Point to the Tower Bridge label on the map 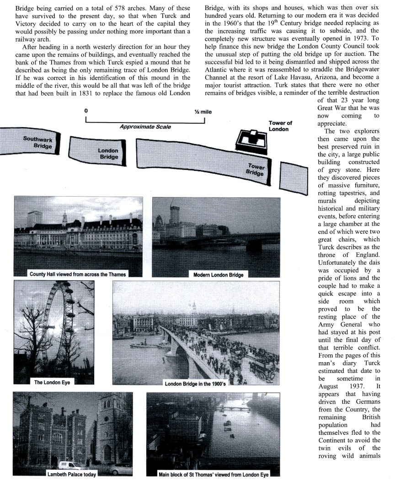click(x=256, y=170)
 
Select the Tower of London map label click(x=280, y=126)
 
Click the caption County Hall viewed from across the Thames click(x=78, y=274)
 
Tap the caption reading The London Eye click(x=52, y=382)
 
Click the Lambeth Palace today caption click(x=72, y=475)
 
